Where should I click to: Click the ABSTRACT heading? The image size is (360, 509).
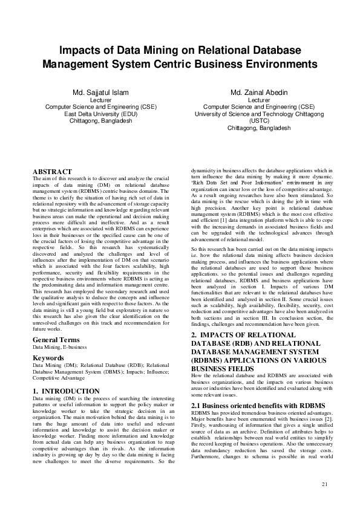point(52,172)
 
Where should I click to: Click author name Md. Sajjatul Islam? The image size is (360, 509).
point(100,92)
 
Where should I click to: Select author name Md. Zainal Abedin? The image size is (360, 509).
point(259,92)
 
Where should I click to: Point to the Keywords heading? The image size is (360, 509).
point(50,358)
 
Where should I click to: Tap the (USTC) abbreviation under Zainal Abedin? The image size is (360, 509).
point(259,121)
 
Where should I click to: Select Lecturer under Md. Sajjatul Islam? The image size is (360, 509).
point(100,100)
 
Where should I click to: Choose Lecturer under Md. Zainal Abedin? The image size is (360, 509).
point(259,100)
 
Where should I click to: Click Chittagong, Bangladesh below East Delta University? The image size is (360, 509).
point(100,121)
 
